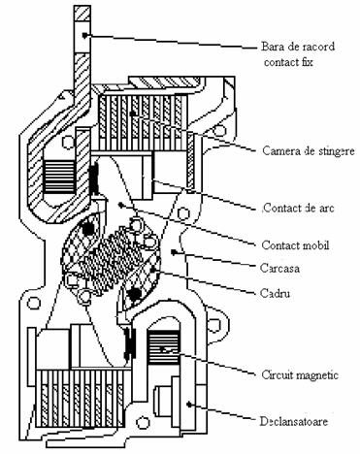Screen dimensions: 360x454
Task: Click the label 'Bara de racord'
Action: [298, 47]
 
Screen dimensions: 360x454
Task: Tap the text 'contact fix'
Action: [288, 62]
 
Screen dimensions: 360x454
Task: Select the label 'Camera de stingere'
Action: [309, 150]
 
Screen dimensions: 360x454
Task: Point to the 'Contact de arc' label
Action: [298, 208]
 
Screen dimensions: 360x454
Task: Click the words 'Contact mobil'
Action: [295, 245]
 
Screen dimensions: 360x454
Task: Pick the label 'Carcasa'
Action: [279, 268]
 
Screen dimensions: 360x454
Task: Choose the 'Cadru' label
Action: [275, 293]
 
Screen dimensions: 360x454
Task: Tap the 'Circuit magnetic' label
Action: [300, 375]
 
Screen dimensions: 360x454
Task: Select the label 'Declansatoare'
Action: [294, 421]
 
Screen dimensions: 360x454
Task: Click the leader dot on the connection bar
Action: [84, 35]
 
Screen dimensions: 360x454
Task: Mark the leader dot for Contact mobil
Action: [120, 205]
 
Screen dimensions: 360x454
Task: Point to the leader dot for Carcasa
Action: [174, 251]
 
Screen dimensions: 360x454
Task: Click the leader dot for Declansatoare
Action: [189, 404]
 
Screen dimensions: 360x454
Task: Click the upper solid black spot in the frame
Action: [87, 228]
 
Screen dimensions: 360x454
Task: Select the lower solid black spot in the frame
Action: [133, 294]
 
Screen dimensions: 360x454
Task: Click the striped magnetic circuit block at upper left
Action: [59, 177]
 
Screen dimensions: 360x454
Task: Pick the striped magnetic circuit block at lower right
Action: [163, 347]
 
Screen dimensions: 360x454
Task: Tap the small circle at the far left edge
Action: [33, 303]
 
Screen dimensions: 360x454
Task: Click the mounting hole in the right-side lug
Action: [213, 325]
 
